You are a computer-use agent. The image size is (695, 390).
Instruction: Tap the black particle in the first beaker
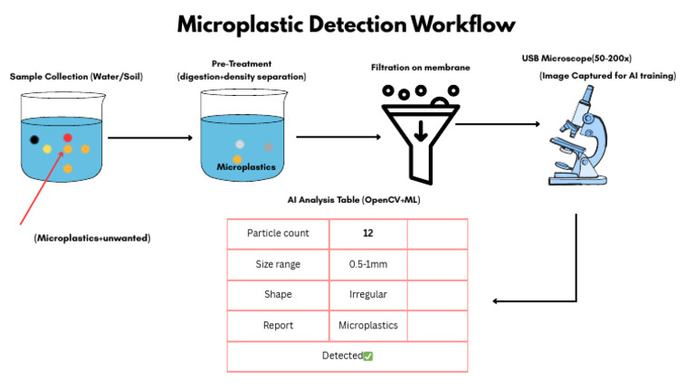(34, 139)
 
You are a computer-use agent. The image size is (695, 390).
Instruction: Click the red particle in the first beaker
(67, 138)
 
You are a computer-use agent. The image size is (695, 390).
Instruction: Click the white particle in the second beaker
(239, 144)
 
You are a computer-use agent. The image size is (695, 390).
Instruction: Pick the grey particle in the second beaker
(268, 147)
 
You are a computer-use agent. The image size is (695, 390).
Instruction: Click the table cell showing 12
(367, 233)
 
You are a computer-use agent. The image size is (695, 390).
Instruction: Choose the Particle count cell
(278, 233)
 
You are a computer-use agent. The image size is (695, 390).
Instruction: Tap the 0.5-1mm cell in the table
(367, 264)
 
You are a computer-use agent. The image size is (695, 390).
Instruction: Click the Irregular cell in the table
(367, 294)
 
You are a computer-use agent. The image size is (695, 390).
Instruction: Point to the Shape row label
(278, 294)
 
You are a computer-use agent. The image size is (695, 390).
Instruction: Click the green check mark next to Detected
(368, 356)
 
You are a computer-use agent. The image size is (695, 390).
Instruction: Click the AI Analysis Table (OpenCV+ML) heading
(348, 200)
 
